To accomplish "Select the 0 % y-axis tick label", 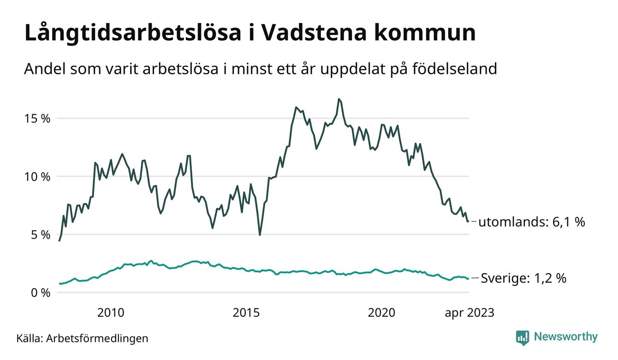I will pos(41,292).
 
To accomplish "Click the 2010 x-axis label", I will pos(111,313).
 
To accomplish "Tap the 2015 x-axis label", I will pos(246,313).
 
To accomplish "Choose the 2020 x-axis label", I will pos(381,313).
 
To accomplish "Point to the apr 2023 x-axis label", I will pos(469,313).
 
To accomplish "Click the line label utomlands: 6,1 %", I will pos(531,222).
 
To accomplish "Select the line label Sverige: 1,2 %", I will pos(523,278).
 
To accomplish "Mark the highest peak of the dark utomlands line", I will pos(339,99).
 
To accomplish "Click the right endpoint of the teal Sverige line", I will pos(468,278).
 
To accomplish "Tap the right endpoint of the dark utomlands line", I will pos(468,222).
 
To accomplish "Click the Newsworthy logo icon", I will pos(523,337).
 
